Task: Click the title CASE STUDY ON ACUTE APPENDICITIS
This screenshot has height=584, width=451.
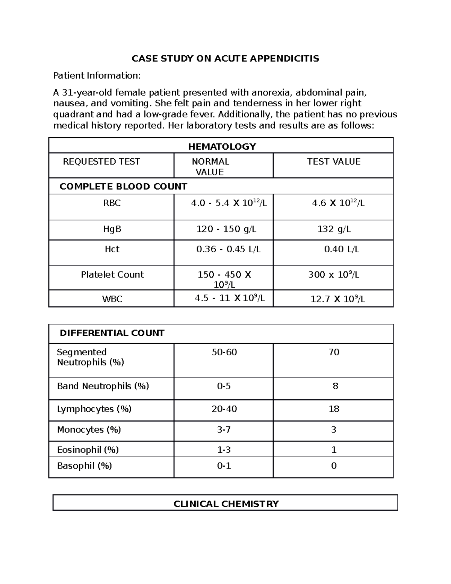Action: pyautogui.click(x=225, y=59)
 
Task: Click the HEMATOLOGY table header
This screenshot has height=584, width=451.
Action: pyautogui.click(x=222, y=147)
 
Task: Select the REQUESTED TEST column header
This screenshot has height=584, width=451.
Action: pyautogui.click(x=101, y=162)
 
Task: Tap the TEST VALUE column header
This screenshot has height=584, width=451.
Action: pyautogui.click(x=333, y=162)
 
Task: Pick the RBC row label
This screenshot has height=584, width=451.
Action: pyautogui.click(x=112, y=203)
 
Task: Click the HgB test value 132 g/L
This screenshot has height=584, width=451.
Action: pyautogui.click(x=334, y=229)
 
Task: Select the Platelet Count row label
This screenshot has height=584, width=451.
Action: pyautogui.click(x=112, y=275)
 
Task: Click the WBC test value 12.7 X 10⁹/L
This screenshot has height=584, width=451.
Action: pyautogui.click(x=337, y=299)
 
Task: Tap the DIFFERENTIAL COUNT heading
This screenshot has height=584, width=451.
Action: pyautogui.click(x=112, y=333)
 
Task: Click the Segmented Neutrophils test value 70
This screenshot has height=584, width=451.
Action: pyautogui.click(x=334, y=352)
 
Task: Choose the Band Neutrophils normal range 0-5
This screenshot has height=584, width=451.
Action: pyautogui.click(x=224, y=386)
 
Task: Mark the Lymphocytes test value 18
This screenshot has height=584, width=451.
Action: pyautogui.click(x=334, y=409)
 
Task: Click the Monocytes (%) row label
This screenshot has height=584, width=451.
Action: pyautogui.click(x=89, y=430)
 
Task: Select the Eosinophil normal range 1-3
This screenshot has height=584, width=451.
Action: pyautogui.click(x=224, y=450)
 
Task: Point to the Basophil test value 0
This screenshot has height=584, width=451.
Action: pyautogui.click(x=334, y=466)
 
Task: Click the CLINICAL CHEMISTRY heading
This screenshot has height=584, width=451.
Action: pyautogui.click(x=226, y=504)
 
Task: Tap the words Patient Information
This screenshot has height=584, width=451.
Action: pyautogui.click(x=97, y=76)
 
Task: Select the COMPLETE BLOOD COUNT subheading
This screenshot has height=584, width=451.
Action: pyautogui.click(x=123, y=187)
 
